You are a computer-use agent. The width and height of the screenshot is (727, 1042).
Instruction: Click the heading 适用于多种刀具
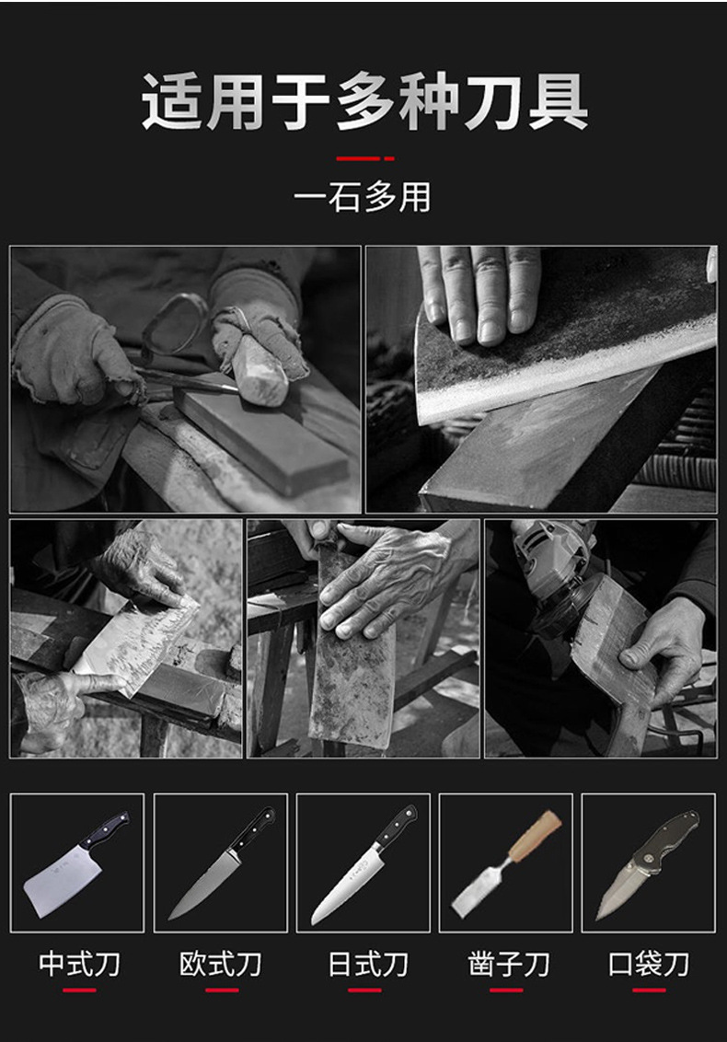(364, 101)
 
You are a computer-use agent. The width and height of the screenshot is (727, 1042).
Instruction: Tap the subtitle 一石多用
(363, 197)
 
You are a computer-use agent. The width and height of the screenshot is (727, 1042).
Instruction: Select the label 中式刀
(79, 964)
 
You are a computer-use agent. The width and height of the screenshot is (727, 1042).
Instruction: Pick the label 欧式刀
(221, 964)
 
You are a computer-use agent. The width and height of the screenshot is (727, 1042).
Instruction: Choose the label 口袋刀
(649, 964)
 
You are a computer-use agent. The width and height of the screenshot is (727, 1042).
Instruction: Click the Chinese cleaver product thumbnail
(77, 863)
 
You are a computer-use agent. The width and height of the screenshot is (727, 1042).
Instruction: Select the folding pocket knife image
(649, 863)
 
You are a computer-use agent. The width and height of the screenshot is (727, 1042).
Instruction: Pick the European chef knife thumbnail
(221, 863)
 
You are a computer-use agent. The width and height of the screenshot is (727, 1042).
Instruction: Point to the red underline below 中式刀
(80, 990)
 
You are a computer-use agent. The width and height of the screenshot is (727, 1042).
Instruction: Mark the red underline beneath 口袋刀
(650, 990)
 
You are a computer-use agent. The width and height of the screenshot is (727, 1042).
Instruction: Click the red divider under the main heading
(364, 159)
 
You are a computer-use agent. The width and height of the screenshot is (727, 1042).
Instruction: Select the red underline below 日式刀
(364, 990)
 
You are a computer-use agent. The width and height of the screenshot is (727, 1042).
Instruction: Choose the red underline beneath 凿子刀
(506, 990)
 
